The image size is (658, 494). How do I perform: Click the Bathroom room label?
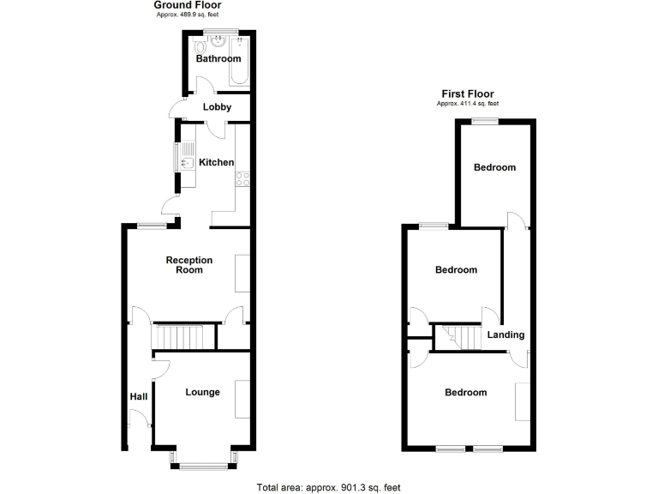coord(218,59)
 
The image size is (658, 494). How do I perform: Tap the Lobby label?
coord(216,107)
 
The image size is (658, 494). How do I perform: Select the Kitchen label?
coord(217,162)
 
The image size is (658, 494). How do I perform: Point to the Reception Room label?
coord(189,264)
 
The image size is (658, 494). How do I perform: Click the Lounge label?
coord(203,392)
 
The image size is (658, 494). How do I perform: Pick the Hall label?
coord(139,396)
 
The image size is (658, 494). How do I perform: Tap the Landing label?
coord(506,334)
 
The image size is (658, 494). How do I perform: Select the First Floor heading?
coord(468,94)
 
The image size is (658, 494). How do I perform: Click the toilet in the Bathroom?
coord(202,47)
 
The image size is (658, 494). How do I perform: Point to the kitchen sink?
coord(185,158)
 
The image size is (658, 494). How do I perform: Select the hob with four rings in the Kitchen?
coord(242,179)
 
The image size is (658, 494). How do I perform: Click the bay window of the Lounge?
coord(204,464)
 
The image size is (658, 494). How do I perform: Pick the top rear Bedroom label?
coord(495,167)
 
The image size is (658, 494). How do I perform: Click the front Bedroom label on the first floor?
coord(465,392)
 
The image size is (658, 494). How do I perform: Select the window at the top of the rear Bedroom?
coord(486,121)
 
